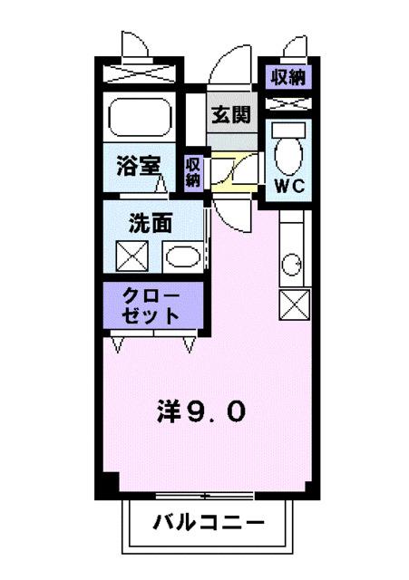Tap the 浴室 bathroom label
coord(139,167)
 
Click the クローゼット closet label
coord(153,306)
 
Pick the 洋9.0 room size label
coord(198,412)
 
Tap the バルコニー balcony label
coord(209,523)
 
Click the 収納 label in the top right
coord(288,77)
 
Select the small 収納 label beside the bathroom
coord(193,171)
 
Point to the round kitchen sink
coord(292,264)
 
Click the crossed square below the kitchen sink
coord(296,304)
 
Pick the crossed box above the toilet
coord(289,104)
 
